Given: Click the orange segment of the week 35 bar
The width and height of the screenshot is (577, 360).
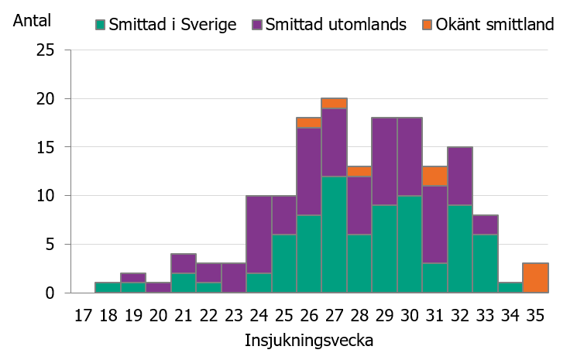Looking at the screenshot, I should pyautogui.click(x=535, y=278).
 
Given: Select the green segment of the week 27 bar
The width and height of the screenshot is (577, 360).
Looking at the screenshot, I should pyautogui.click(x=334, y=234).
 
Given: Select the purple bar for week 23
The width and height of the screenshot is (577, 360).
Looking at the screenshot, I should pyautogui.click(x=233, y=278).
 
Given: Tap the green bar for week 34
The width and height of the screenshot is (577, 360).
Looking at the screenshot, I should pyautogui.click(x=510, y=288).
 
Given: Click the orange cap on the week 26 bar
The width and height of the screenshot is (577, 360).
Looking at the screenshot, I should pyautogui.click(x=309, y=122).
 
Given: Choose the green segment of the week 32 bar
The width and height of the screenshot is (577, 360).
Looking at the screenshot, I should pyautogui.click(x=460, y=249).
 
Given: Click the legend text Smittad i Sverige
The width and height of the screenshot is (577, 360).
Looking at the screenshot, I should pyautogui.click(x=173, y=24).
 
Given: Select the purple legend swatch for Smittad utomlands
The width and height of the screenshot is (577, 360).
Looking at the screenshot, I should pyautogui.click(x=257, y=24).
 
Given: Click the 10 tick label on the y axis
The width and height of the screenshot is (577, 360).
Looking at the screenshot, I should pyautogui.click(x=46, y=196).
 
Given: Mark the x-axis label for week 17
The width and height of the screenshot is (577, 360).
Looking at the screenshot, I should pyautogui.click(x=82, y=316).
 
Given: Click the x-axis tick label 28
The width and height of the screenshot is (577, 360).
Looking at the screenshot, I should pyautogui.click(x=359, y=316).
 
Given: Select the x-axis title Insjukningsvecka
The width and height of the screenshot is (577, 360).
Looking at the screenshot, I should pyautogui.click(x=309, y=340).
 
